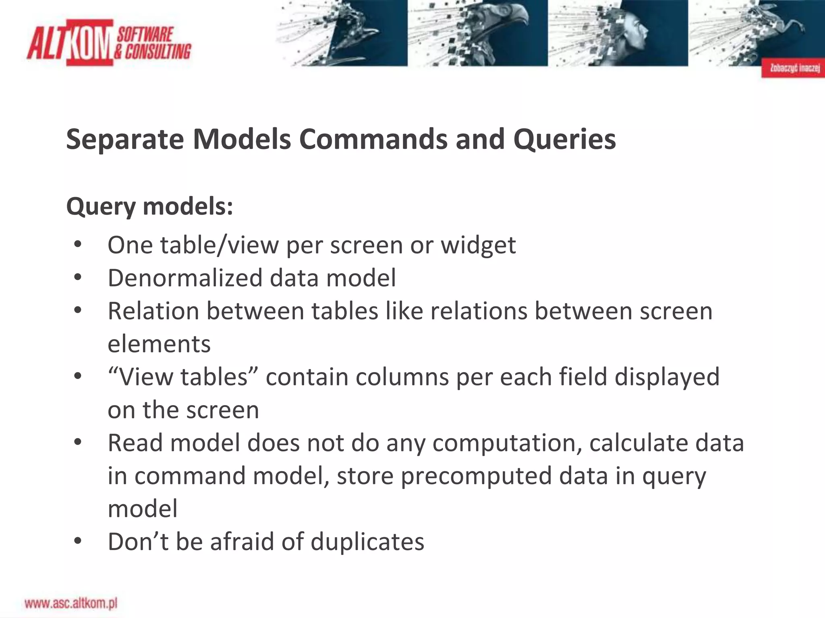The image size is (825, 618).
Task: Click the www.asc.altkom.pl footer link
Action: pos(71,603)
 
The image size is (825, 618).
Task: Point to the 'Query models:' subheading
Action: pos(149,207)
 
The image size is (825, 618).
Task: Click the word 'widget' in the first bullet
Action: pos(478,245)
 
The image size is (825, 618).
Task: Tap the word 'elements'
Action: pos(159,344)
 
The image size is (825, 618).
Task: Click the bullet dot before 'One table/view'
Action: pos(78,245)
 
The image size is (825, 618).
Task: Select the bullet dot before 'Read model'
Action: pos(78,443)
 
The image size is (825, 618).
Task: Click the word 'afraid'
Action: pos(242,542)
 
